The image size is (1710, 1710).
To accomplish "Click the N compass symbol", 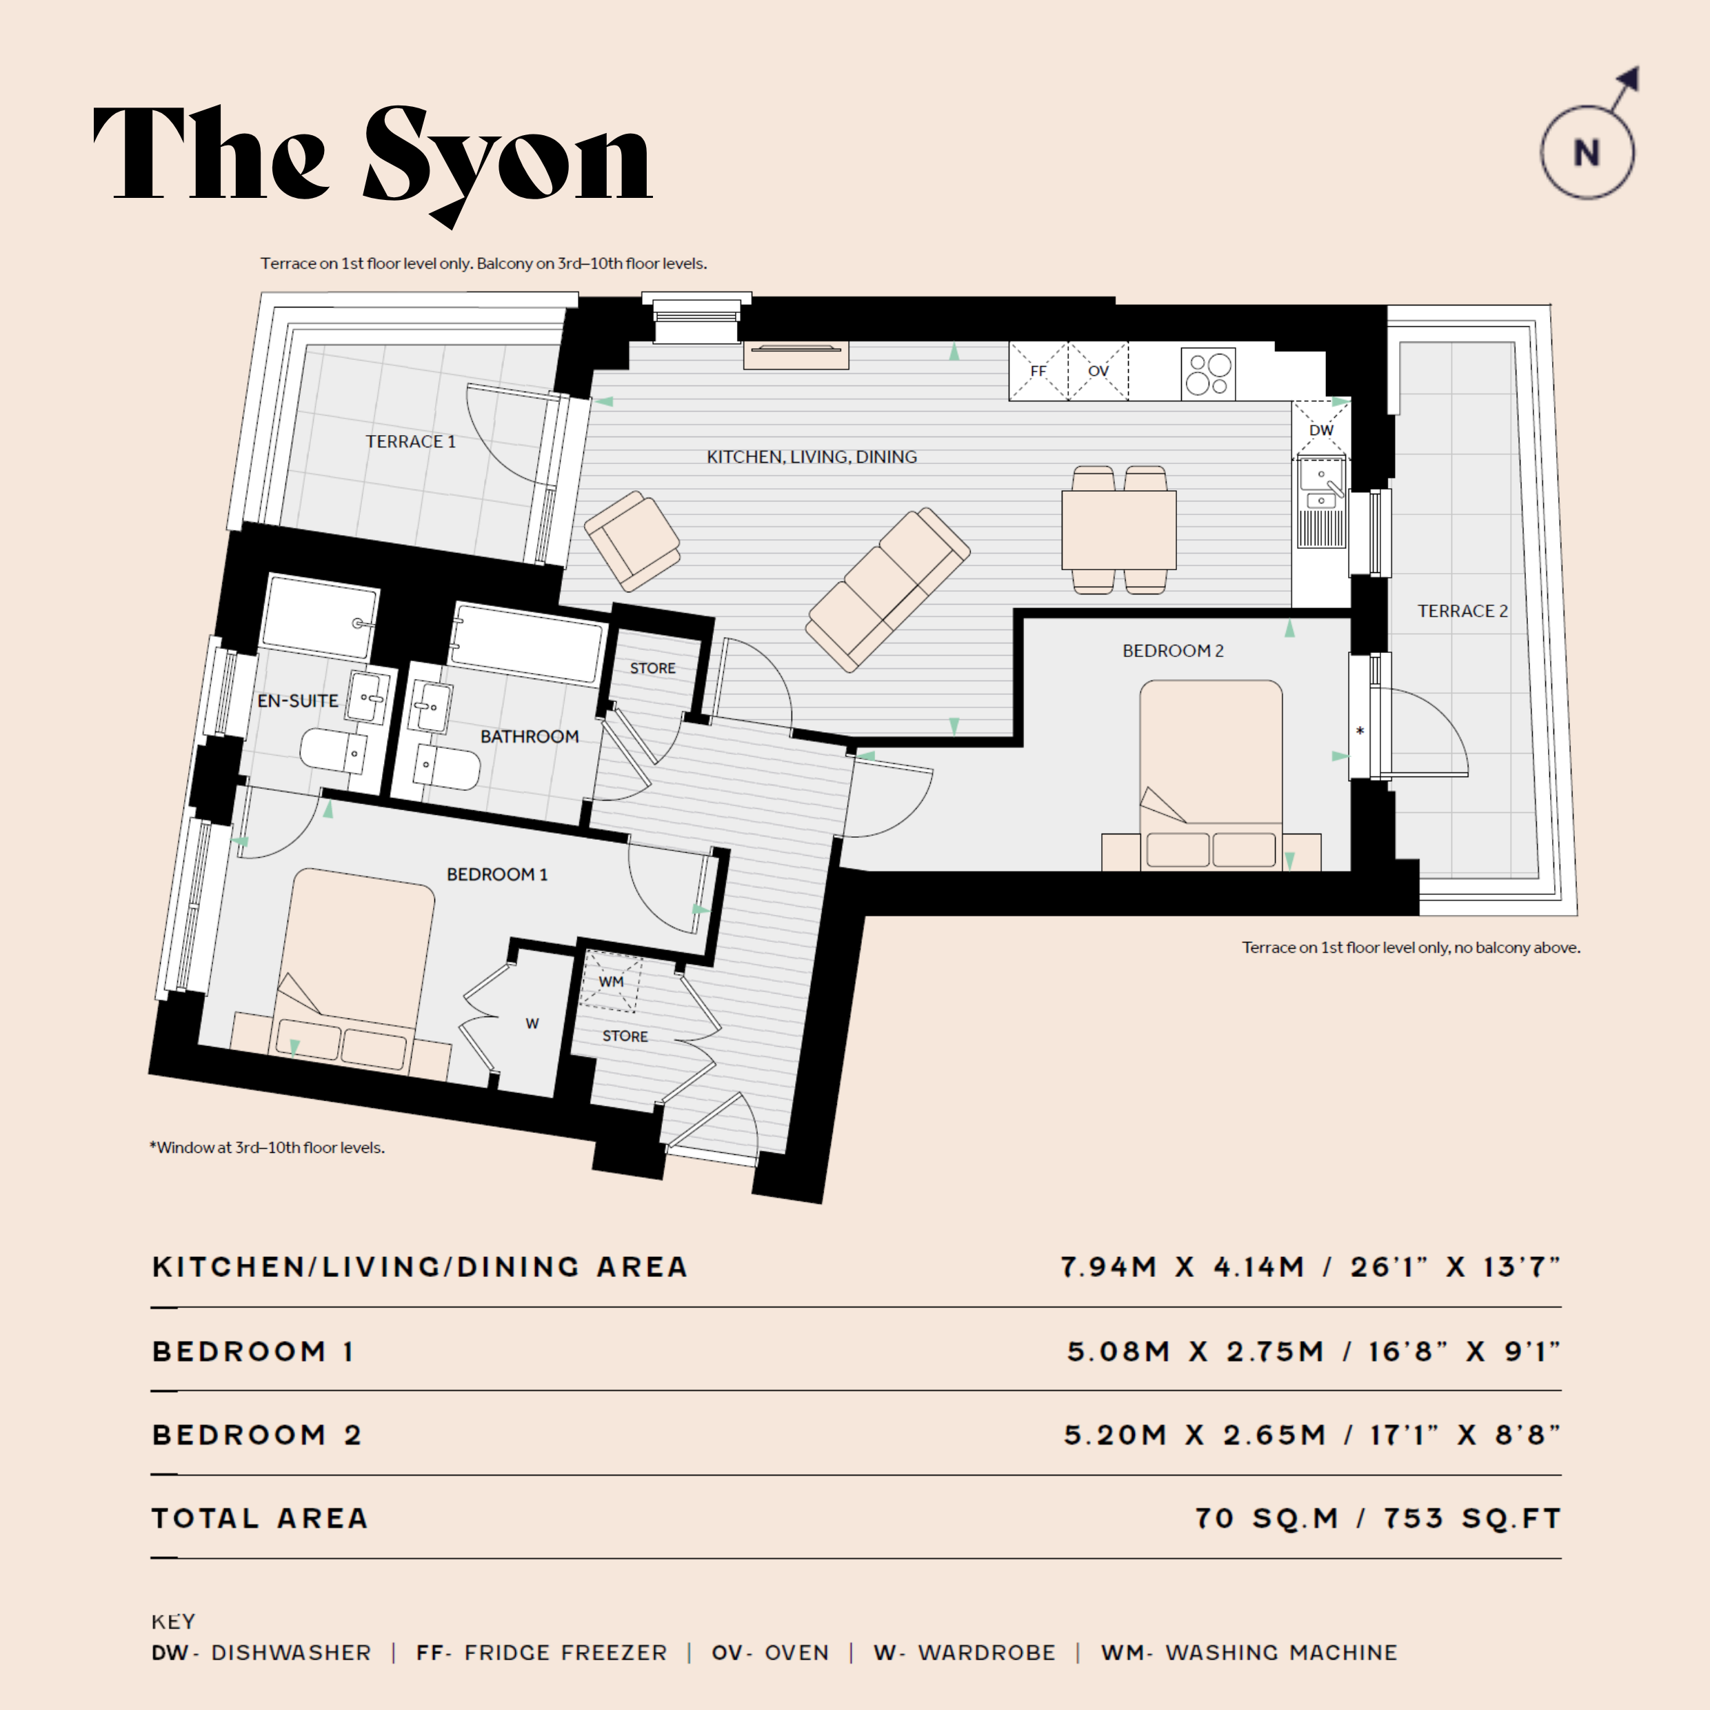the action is click(1587, 152).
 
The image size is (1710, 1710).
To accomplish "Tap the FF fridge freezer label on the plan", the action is click(1038, 371).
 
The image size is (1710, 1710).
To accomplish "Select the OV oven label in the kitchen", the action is click(1098, 371).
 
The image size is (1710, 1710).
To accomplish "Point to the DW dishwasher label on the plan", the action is click(1321, 430).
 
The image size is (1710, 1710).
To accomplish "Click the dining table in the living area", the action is click(1119, 530).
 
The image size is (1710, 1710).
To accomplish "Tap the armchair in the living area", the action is click(632, 540).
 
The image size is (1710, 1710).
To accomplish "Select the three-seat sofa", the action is click(887, 589).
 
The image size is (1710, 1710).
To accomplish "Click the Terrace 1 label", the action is click(411, 441).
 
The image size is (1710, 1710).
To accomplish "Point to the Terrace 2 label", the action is click(1462, 611).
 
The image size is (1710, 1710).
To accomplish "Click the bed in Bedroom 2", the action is click(1211, 775).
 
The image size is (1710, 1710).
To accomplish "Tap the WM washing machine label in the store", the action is click(611, 982).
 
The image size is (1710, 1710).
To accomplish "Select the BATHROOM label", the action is click(530, 736).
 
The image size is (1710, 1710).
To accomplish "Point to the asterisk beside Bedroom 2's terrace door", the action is click(1360, 731).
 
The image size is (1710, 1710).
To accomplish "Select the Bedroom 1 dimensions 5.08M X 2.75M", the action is click(1196, 1351).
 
